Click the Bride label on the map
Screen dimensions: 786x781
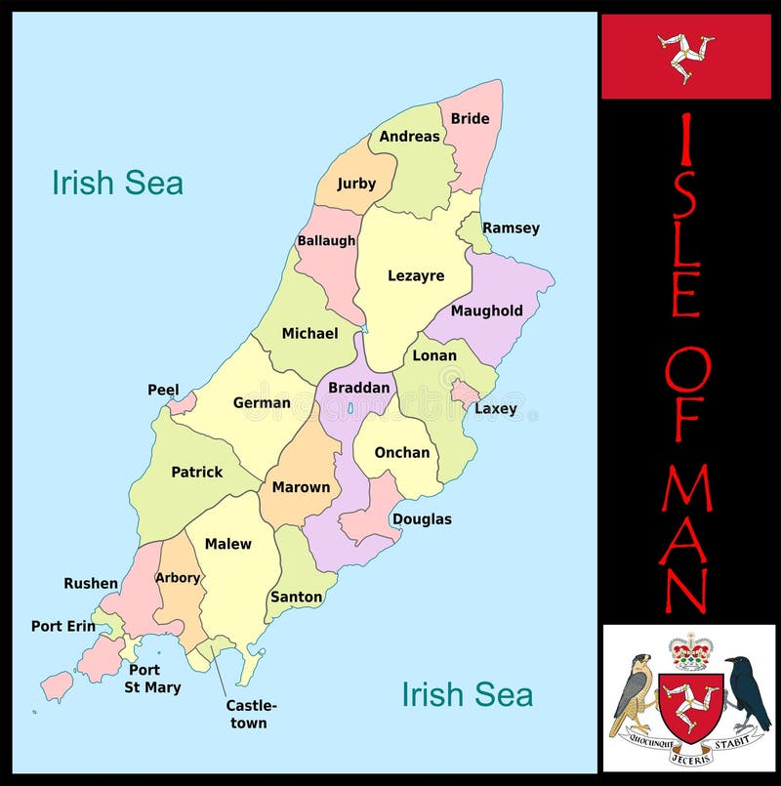[x=470, y=118]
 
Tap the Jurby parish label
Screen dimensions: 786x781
[x=356, y=184]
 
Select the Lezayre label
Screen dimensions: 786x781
[x=416, y=275]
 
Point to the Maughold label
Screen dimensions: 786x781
[x=487, y=310]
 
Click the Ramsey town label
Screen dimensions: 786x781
[x=511, y=228]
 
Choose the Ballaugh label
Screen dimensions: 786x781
[x=326, y=240]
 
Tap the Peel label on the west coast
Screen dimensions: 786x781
[x=163, y=390]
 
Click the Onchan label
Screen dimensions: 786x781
[x=402, y=452]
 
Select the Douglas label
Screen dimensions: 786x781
[x=422, y=518]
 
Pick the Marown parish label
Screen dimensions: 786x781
[x=301, y=487]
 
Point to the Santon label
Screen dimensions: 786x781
[x=296, y=597]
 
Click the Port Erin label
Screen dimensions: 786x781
[x=63, y=626]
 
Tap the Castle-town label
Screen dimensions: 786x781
[x=251, y=714]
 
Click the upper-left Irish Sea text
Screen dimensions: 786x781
[x=117, y=183]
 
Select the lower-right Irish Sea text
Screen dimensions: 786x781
[x=468, y=694]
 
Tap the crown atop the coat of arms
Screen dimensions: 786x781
[x=692, y=651]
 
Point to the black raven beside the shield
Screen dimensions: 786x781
[x=748, y=693]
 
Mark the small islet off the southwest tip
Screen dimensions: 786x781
[x=57, y=684]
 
